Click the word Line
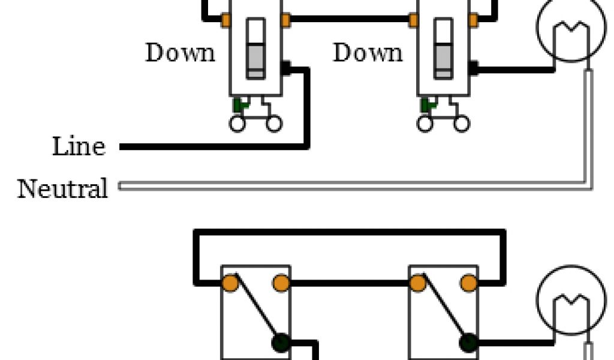click(79, 146)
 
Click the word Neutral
click(62, 188)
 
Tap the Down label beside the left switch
click(180, 53)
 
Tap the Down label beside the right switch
click(368, 53)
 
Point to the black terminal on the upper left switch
click(286, 68)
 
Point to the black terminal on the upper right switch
click(474, 68)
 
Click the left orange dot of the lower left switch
click(229, 283)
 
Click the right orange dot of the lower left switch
click(281, 283)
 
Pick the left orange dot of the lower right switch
click(417, 283)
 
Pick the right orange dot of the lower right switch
click(469, 283)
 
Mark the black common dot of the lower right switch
click(468, 343)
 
